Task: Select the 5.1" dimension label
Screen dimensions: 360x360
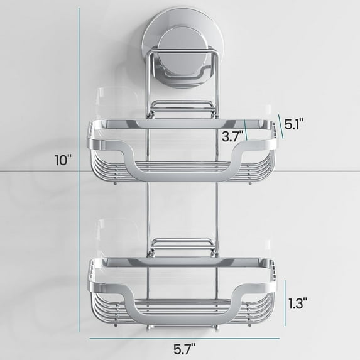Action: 295,124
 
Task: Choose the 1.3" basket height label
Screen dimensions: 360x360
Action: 297,303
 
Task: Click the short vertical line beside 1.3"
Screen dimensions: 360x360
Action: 281,303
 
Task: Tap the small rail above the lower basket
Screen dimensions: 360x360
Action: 180,243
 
